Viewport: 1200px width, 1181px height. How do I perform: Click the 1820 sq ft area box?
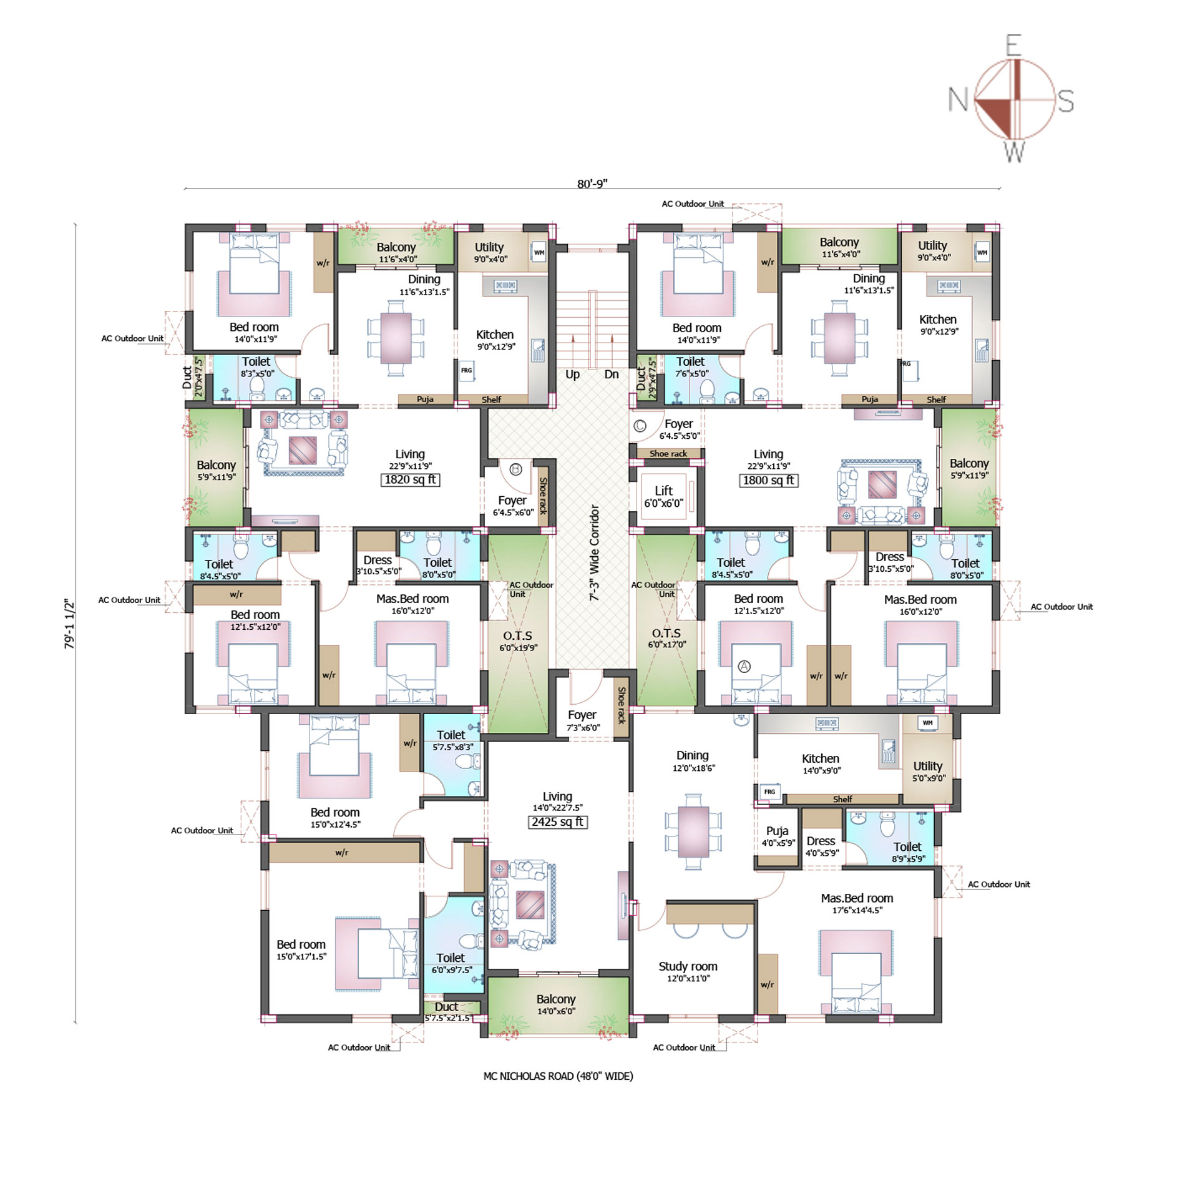(410, 479)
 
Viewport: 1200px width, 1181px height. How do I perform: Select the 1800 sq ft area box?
(768, 480)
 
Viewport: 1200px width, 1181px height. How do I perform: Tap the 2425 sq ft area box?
(558, 822)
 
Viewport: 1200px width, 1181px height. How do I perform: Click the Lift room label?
(664, 497)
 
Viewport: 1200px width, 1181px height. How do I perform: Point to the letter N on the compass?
(958, 99)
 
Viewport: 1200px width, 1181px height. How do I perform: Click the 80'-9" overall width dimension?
(592, 184)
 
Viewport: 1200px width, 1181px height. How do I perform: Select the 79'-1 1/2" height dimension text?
(69, 624)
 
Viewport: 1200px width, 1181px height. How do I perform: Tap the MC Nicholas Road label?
(558, 1076)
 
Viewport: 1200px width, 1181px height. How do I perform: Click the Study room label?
(688, 972)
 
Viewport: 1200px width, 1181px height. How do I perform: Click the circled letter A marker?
(744, 667)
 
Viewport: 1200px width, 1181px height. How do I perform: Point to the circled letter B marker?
(515, 469)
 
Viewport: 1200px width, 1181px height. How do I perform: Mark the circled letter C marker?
(640, 426)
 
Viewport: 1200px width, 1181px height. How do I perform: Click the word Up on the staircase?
(572, 375)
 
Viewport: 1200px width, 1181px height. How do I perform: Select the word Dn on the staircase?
(612, 374)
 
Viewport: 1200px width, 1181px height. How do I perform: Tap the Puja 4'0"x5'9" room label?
(778, 836)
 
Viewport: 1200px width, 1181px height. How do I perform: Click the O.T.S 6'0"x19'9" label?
(517, 641)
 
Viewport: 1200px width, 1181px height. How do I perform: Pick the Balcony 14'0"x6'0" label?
(556, 1004)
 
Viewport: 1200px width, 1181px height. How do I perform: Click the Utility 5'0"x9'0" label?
(928, 772)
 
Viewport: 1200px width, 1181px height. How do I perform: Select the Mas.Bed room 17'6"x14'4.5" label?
(857, 904)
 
